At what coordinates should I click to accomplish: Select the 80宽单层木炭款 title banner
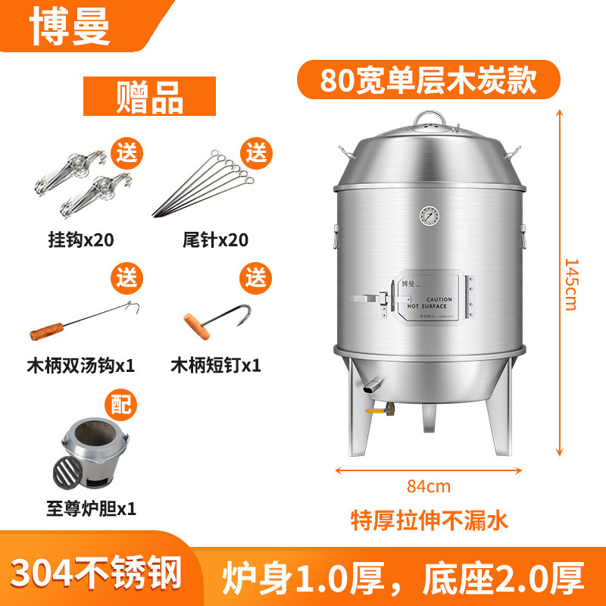(x=428, y=80)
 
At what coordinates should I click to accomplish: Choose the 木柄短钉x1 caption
(x=215, y=365)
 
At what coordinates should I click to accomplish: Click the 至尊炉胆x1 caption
(x=90, y=509)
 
